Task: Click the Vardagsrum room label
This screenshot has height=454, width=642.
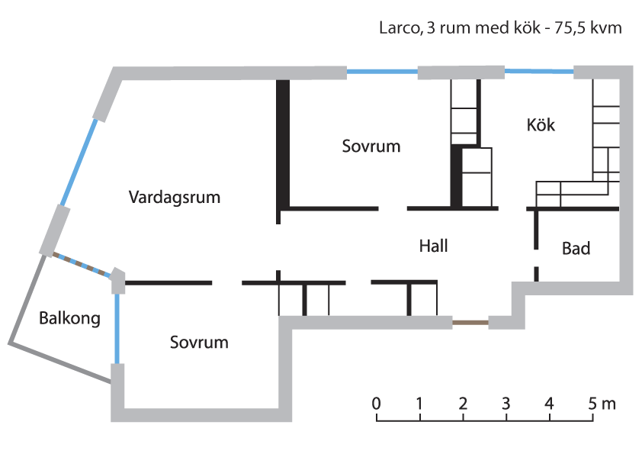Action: coord(175,198)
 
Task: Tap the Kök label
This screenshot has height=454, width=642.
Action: coord(541,124)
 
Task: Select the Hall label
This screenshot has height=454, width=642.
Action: coord(433,246)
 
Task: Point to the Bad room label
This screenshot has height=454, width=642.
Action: coord(576,248)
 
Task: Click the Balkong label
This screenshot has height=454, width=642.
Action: coord(69,318)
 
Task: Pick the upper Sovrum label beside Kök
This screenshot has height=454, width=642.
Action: coord(371,146)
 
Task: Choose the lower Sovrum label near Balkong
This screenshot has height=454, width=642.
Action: coord(199,342)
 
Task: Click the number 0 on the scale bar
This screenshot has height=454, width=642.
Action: coord(377,403)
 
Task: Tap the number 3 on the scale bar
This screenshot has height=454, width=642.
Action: coord(506,403)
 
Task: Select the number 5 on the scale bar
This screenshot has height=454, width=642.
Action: coord(592,403)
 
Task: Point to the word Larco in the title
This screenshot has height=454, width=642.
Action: coord(396,29)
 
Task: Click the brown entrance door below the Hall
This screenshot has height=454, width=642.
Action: coord(470,323)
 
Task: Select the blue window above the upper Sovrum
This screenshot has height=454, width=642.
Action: coord(382,72)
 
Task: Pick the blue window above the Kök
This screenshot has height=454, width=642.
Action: coord(538,72)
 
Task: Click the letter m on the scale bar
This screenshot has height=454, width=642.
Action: coord(608,403)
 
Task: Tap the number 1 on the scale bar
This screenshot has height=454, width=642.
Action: coord(420,403)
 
